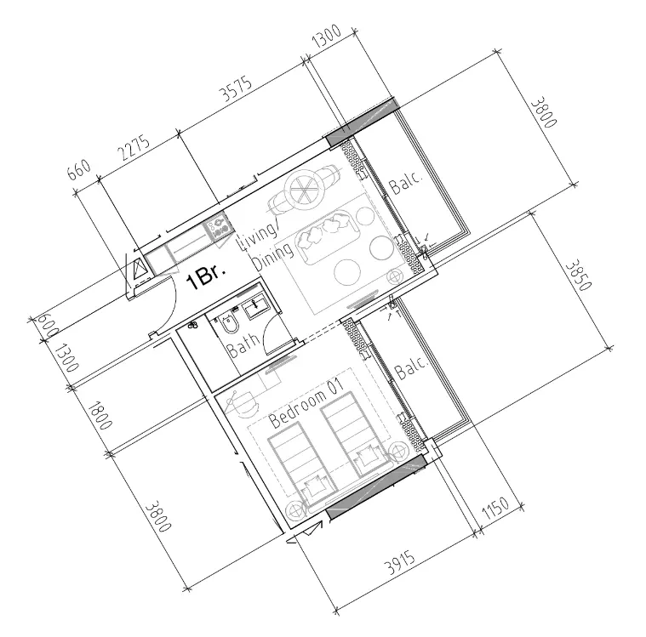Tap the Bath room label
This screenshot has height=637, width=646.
coord(244,345)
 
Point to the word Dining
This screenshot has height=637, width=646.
coord(273,257)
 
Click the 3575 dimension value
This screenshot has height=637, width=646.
coord(236,88)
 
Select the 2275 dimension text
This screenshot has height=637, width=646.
coord(134,148)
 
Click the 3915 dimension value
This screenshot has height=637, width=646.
coord(400,562)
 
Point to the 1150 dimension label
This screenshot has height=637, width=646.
coord(495,508)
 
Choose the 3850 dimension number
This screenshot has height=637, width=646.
coord(578,275)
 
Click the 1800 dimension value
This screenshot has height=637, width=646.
coord(100,415)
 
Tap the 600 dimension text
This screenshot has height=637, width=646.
coord(48,326)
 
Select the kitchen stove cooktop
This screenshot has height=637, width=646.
coord(218,226)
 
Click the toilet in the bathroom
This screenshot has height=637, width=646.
coord(229,324)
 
